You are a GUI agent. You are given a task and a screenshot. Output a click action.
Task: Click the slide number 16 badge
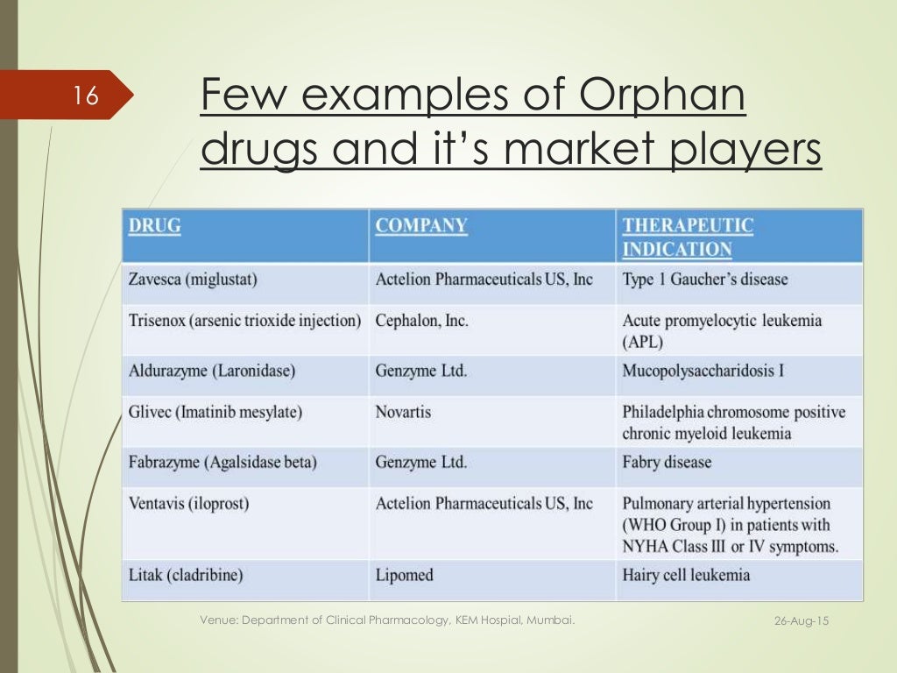pyautogui.click(x=87, y=95)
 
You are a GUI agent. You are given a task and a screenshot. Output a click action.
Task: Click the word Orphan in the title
pyautogui.click(x=660, y=96)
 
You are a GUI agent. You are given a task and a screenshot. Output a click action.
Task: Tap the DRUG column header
pyautogui.click(x=155, y=225)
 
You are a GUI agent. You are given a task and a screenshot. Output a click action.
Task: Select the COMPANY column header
pyautogui.click(x=421, y=225)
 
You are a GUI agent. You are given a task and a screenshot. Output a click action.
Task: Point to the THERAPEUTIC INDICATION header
pyautogui.click(x=688, y=237)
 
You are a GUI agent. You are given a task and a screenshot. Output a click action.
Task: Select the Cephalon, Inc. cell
pyautogui.click(x=422, y=321)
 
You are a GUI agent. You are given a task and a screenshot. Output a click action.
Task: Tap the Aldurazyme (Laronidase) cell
pyautogui.click(x=212, y=371)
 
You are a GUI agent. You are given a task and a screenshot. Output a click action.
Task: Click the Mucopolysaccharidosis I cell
pyautogui.click(x=703, y=371)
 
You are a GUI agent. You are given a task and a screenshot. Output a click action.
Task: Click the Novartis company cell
pyautogui.click(x=403, y=411)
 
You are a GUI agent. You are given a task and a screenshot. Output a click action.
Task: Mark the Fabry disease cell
pyautogui.click(x=667, y=462)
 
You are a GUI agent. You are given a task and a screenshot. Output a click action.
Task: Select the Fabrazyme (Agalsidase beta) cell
pyautogui.click(x=222, y=462)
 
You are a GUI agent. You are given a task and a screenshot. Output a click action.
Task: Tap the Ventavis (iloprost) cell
pyautogui.click(x=186, y=504)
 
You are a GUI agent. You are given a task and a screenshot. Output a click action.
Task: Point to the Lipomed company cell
pyautogui.click(x=405, y=576)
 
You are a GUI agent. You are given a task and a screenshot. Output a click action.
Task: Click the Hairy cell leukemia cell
pyautogui.click(x=686, y=576)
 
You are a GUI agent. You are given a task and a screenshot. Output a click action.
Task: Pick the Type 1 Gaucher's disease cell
pyautogui.click(x=705, y=280)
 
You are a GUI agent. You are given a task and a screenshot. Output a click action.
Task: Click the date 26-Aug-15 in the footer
pyautogui.click(x=802, y=621)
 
